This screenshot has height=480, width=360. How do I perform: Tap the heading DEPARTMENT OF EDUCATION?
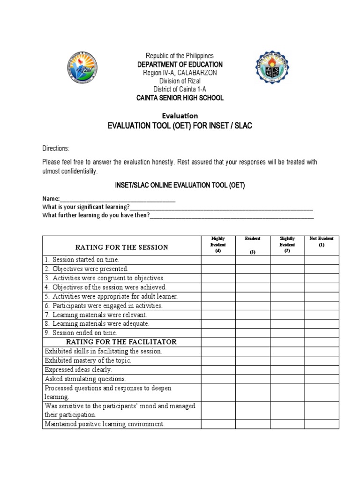tap(180, 64)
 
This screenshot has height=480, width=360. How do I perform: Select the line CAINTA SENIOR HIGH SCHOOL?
tap(180, 98)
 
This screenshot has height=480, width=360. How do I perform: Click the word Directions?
tap(56, 149)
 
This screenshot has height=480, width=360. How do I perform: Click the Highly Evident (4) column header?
tap(218, 245)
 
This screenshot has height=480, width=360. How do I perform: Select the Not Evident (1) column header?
tap(322, 242)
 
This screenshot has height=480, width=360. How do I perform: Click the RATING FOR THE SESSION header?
tap(122, 247)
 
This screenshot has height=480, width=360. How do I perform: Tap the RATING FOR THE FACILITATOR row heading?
tap(121, 342)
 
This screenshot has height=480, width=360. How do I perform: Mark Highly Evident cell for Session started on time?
tap(218, 260)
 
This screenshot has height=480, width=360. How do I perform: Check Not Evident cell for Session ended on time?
tap(322, 333)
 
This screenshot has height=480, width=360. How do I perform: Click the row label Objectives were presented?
tap(86, 269)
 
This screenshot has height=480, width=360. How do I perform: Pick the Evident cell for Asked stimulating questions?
tap(253, 379)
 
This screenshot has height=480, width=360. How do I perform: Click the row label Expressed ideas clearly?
tap(78, 370)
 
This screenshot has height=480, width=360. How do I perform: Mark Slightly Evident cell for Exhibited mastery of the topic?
tap(287, 360)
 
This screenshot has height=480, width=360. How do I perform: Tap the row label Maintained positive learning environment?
tap(105, 424)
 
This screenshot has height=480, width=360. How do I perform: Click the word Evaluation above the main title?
tap(180, 116)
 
